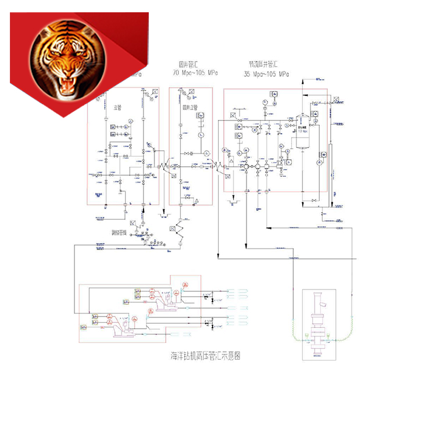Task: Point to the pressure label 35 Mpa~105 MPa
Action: (267, 74)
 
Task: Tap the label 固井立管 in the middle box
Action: (190, 108)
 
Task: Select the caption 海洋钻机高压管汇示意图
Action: (206, 355)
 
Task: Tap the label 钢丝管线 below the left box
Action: (120, 232)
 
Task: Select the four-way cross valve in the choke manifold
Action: (246, 167)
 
